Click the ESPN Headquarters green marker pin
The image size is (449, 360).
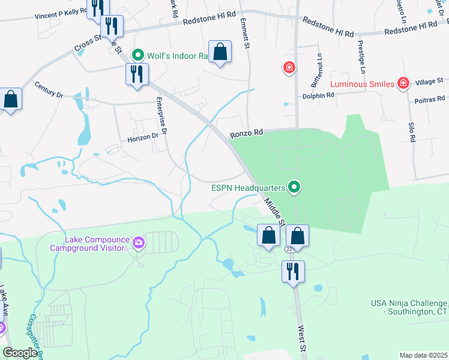294,188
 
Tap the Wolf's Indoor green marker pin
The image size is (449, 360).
137,56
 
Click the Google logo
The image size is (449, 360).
20,352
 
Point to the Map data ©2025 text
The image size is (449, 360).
423,355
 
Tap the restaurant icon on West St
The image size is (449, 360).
293,271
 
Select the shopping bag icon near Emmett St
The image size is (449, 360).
220,52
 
